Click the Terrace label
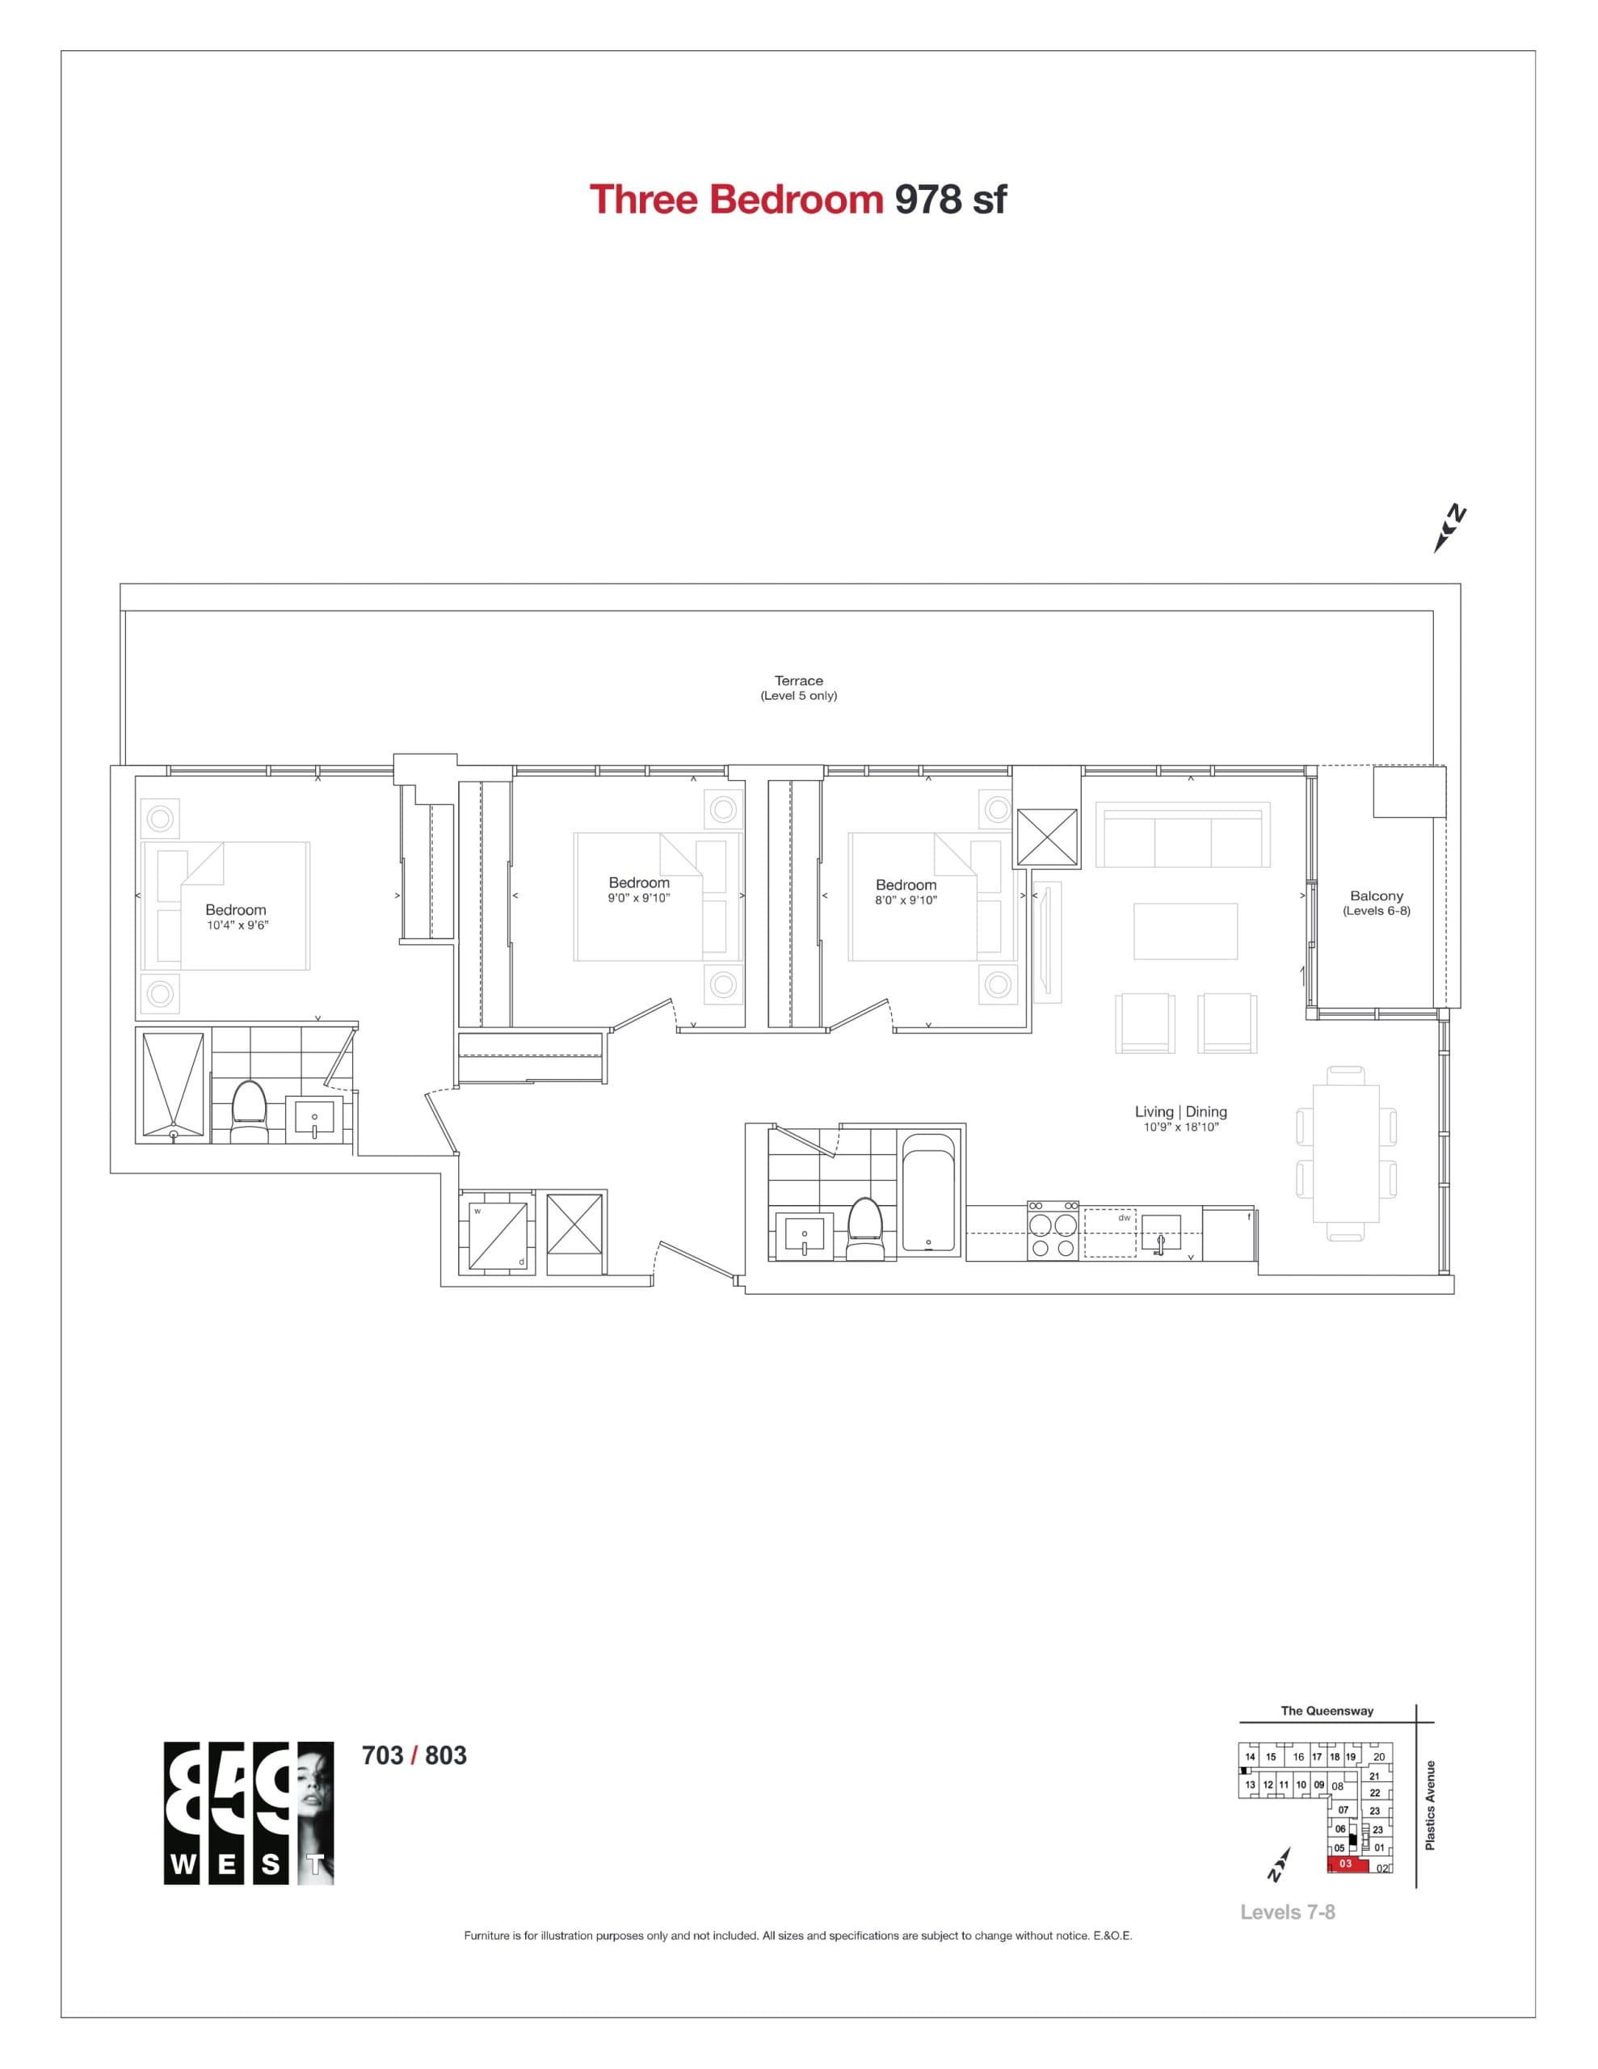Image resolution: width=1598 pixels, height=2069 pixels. tap(798, 681)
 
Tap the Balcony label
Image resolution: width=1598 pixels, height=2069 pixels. tap(1377, 896)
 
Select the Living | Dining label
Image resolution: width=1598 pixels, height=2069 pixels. tap(1180, 1112)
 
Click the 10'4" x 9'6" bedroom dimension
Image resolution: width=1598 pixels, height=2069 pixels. tap(238, 925)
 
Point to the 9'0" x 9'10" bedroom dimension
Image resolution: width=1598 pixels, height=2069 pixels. tap(638, 898)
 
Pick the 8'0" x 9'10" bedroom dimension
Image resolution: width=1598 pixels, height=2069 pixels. tap(906, 900)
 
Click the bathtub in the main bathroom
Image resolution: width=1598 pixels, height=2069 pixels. tap(929, 1193)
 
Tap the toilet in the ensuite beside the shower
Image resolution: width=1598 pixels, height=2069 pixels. tap(249, 1112)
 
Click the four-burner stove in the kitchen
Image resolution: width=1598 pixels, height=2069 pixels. tap(1053, 1231)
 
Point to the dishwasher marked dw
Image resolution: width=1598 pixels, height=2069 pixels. tap(1110, 1232)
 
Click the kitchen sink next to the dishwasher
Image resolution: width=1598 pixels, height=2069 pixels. tap(1160, 1233)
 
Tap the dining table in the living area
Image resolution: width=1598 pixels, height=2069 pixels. tap(1346, 1153)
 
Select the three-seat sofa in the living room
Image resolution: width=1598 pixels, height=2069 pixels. tap(1182, 835)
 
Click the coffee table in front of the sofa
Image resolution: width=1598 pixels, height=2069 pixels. tap(1186, 932)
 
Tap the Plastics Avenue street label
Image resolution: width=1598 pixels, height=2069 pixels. tap(1430, 1806)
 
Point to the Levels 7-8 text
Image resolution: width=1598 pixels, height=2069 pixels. tap(1287, 1911)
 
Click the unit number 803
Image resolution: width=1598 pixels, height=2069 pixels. tap(445, 1755)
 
